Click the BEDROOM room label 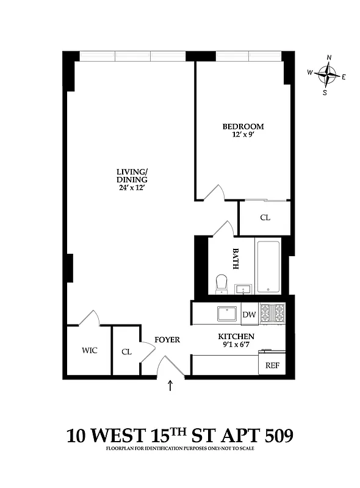tap(243, 127)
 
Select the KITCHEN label tap(236, 337)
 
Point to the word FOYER tap(167, 340)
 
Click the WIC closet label tap(90, 351)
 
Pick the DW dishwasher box tap(249, 315)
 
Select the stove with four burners tap(272, 313)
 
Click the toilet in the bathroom tap(221, 283)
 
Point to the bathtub tap(268, 267)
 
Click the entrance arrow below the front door tap(170, 386)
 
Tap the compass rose tap(329, 75)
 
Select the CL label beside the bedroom tap(265, 218)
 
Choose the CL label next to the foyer tap(126, 352)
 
